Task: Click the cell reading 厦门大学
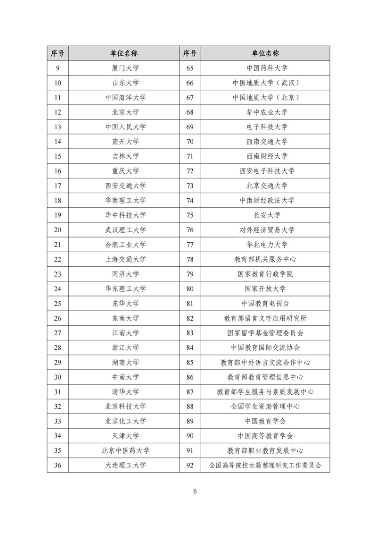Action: tap(125, 68)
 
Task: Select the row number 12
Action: tap(57, 112)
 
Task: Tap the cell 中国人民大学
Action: tap(125, 127)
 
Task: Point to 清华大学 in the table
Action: tap(125, 391)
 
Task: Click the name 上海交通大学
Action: tap(125, 259)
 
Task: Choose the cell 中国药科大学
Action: tap(267, 68)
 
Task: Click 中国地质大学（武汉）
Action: tap(267, 83)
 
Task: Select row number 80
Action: tap(190, 288)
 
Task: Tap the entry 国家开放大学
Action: tap(267, 288)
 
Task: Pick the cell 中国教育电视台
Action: tap(267, 303)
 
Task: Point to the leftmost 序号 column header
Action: tap(57, 53)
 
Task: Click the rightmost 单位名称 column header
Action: tap(267, 53)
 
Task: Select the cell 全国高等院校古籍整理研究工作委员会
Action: tap(267, 465)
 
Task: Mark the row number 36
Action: tap(57, 465)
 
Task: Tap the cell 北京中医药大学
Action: tap(125, 450)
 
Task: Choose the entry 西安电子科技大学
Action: tap(267, 171)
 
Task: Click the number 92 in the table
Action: tap(190, 465)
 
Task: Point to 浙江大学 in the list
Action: tap(125, 348)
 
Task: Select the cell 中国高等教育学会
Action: tap(267, 435)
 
